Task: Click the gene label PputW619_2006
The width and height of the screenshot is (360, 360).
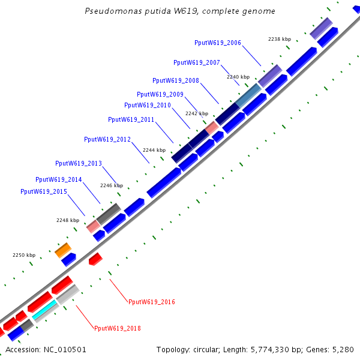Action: pyautogui.click(x=218, y=43)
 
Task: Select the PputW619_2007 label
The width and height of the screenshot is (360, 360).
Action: pyautogui.click(x=197, y=62)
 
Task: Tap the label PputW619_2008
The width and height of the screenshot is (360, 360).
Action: pyautogui.click(x=176, y=80)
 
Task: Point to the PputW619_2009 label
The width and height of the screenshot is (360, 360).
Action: pyautogui.click(x=160, y=94)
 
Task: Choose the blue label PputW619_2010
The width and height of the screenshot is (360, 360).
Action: pyautogui.click(x=148, y=105)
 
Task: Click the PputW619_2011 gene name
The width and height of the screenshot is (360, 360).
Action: pyautogui.click(x=131, y=119)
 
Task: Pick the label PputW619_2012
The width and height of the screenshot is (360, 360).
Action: pyautogui.click(x=107, y=139)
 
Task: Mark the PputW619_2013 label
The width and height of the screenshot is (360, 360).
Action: pyautogui.click(x=79, y=163)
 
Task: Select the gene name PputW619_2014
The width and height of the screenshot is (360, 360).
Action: pyautogui.click(x=59, y=179)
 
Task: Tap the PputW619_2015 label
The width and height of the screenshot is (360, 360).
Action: pyautogui.click(x=44, y=191)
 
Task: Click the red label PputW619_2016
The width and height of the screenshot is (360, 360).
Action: pyautogui.click(x=152, y=302)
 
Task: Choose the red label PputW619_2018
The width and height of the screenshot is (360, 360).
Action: pyautogui.click(x=118, y=328)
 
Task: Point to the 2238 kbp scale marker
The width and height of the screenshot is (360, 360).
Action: pyautogui.click(x=278, y=39)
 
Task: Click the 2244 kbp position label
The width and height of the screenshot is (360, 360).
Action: pyautogui.click(x=154, y=150)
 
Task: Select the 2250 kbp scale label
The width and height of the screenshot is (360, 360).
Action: pyautogui.click(x=24, y=255)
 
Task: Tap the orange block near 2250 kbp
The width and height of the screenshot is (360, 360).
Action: pyautogui.click(x=63, y=250)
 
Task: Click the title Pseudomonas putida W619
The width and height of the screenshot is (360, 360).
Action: pyautogui.click(x=180, y=11)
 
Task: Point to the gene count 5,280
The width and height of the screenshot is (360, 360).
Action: pyautogui.click(x=343, y=349)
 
